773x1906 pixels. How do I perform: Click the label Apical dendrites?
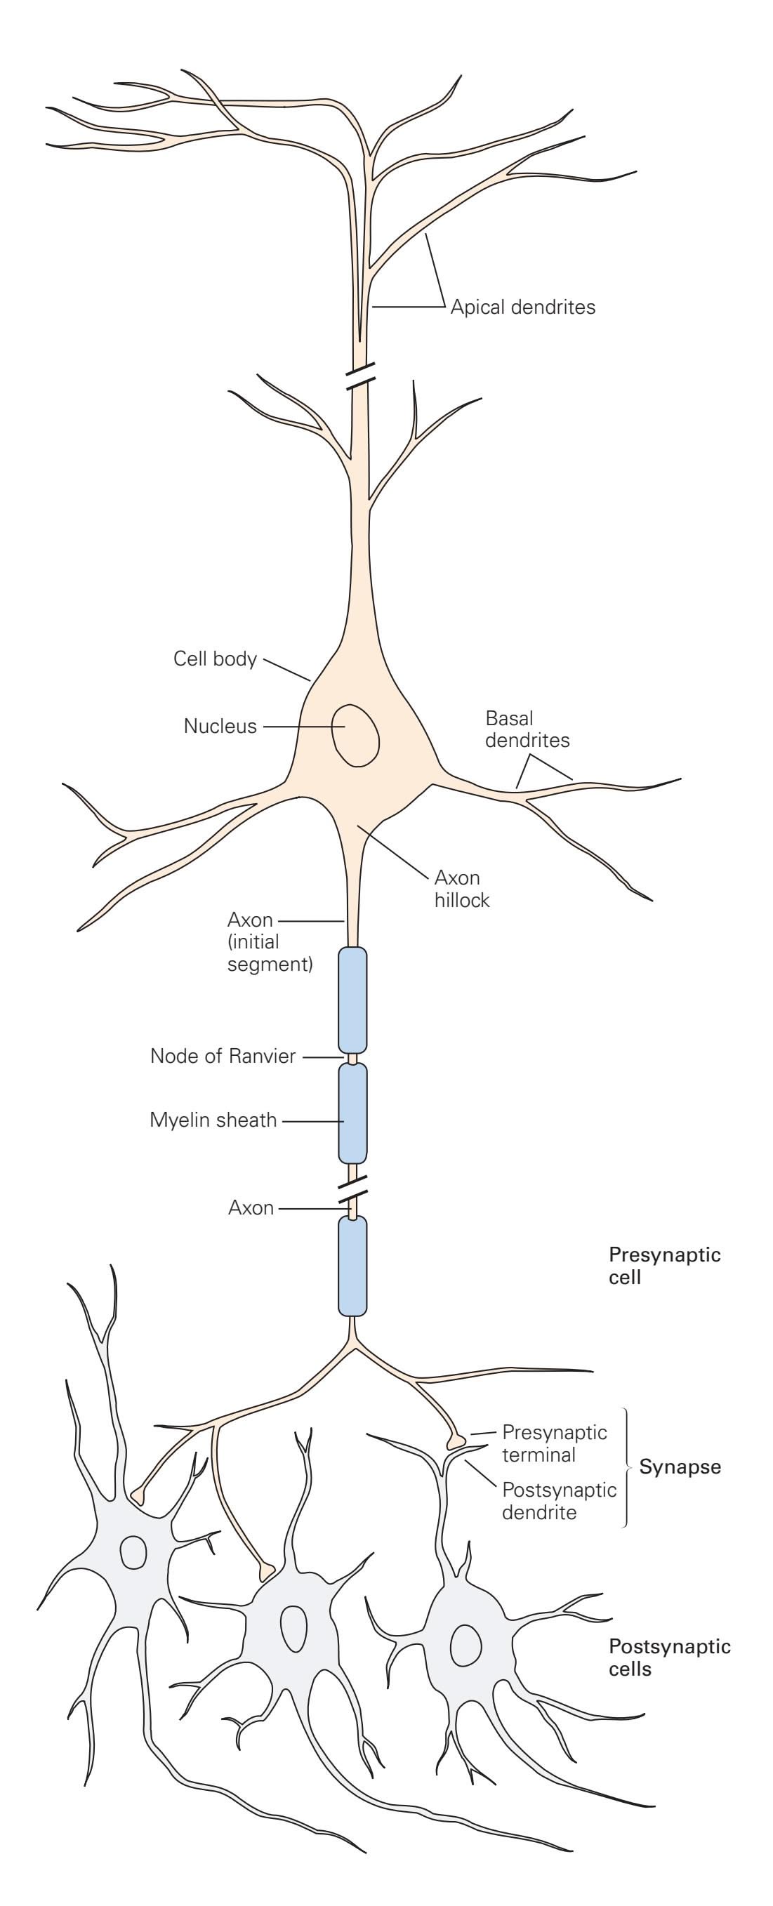pos(522,306)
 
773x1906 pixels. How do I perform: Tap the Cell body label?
pos(215,659)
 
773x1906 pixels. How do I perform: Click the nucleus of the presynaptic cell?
pos(355,734)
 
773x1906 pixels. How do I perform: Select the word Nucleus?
pos(220,726)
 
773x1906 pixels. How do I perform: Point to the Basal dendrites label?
pos(527,729)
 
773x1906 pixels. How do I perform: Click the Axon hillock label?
pos(461,889)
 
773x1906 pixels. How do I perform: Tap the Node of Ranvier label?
pos(223,1056)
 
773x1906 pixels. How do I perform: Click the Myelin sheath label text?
pos(213,1120)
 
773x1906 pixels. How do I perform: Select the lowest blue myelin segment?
pos(352,1266)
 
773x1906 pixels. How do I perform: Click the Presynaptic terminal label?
pos(553,1443)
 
